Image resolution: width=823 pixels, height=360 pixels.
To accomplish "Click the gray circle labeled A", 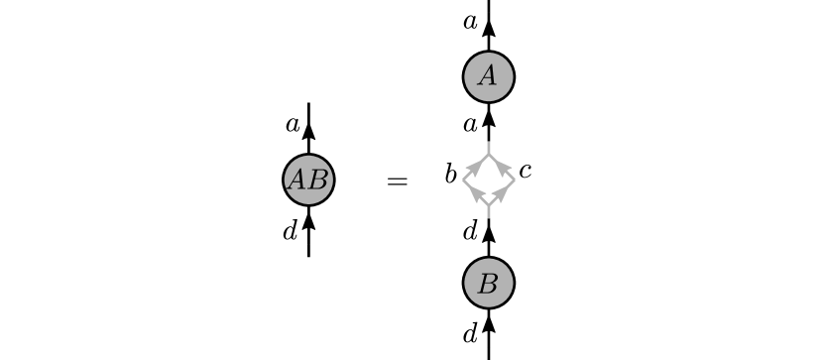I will pos(488,76).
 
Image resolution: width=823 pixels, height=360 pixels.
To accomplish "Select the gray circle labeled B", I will pos(488,283).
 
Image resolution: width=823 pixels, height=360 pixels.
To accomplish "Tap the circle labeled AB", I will pos(308,180).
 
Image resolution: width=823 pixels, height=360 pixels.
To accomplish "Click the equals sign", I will pos(397,181).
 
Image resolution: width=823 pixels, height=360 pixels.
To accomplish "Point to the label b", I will pos(450,176).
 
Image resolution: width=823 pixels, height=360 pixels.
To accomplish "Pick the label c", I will pos(525,171).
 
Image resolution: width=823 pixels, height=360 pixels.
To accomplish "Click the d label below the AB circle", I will pos(290,232).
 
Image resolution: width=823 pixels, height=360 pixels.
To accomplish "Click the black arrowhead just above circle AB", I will pos(308,133).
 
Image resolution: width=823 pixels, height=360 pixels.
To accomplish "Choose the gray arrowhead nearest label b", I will pos(475,168).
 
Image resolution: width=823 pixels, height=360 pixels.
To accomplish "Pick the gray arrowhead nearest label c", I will pos(502,168).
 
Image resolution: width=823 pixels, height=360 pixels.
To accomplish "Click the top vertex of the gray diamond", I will pos(488,155).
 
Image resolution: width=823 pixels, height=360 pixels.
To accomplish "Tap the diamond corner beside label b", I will pos(463,180).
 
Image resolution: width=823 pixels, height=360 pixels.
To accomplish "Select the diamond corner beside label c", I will pos(514,180).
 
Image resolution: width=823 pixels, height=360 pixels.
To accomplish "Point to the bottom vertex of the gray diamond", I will pos(488,206).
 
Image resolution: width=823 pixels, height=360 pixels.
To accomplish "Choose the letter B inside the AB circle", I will pos(318,180).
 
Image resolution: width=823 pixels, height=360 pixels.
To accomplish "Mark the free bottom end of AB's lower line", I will pos(308,256).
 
